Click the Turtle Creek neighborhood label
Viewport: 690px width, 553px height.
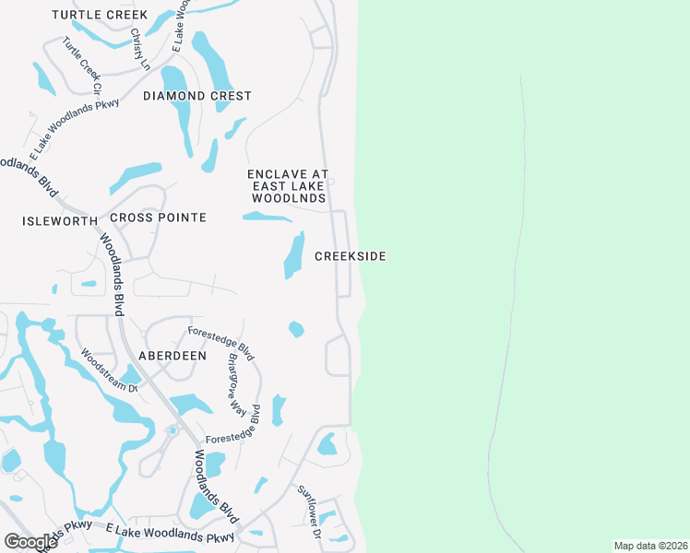click(x=100, y=15)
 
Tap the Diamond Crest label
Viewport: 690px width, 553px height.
click(x=196, y=96)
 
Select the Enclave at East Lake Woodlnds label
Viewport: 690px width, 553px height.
click(x=288, y=185)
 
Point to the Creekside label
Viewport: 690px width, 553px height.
click(x=350, y=256)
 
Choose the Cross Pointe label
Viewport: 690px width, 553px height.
click(x=158, y=218)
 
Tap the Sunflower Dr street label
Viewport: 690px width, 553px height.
click(x=308, y=512)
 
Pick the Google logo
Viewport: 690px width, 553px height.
click(x=30, y=542)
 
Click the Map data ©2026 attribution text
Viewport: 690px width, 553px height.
click(x=649, y=546)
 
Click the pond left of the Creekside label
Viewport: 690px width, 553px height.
click(x=293, y=255)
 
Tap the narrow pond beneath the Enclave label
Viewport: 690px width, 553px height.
click(x=267, y=218)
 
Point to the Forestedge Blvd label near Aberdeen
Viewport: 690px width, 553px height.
click(x=220, y=343)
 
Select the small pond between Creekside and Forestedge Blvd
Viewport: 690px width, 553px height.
click(x=296, y=329)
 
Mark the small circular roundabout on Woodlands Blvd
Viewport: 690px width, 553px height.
click(x=172, y=430)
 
